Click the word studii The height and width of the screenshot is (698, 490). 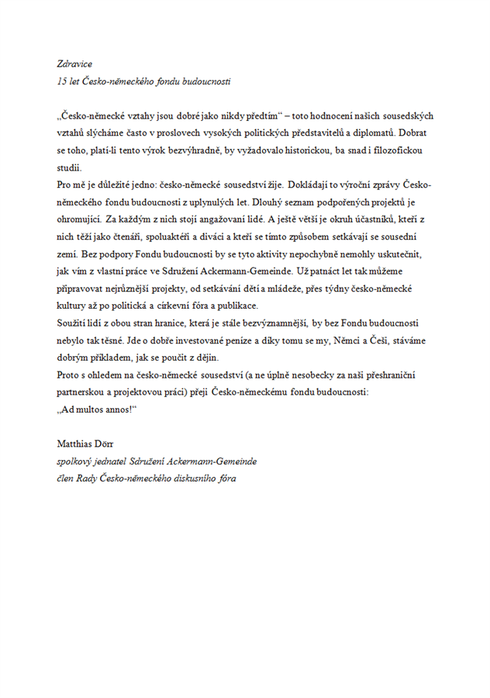click(69, 167)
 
